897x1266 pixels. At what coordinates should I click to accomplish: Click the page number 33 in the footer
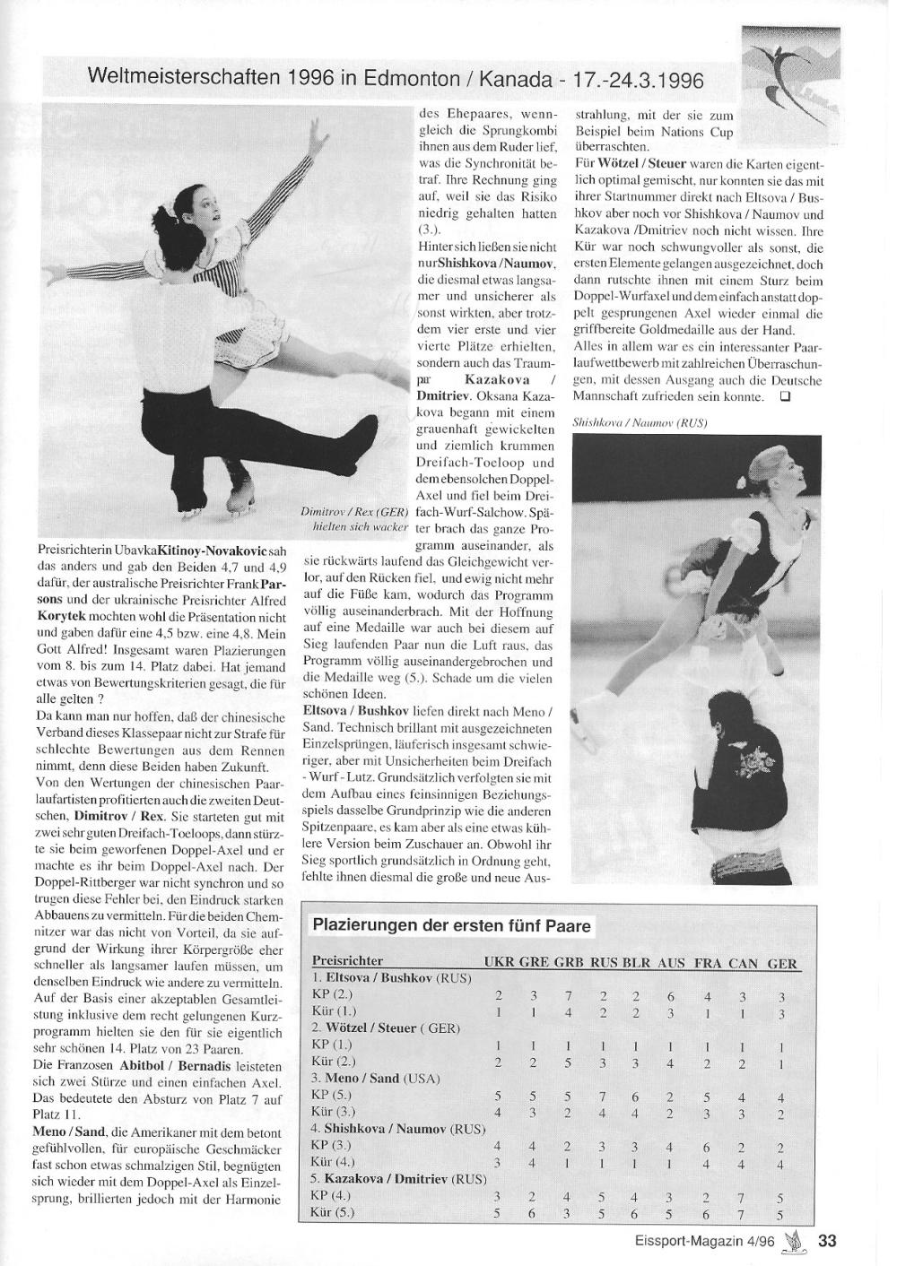coord(826,1241)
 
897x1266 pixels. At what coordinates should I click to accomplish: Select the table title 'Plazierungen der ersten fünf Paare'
coord(451,925)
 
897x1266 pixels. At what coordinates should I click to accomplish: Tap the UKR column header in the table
coord(499,964)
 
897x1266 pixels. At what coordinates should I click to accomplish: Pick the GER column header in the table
coord(782,964)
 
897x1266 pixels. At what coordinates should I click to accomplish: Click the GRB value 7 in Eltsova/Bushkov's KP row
coord(568,994)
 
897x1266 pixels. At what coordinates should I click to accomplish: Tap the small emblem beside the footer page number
coord(793,1241)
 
